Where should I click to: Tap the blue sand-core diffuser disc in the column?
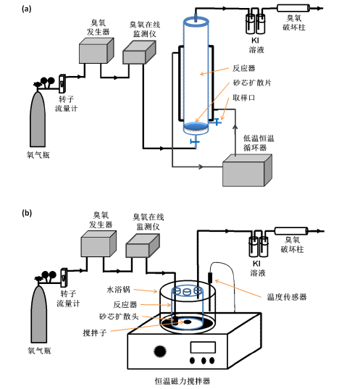coord(194,128)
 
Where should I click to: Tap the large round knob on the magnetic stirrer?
coord(156,352)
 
